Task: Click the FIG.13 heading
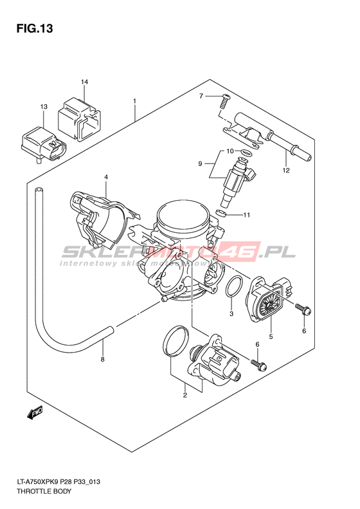pyautogui.click(x=35, y=28)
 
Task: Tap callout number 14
pyautogui.click(x=84, y=82)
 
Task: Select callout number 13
pyautogui.click(x=44, y=106)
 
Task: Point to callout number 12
pyautogui.click(x=285, y=170)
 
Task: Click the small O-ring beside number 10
pyautogui.click(x=247, y=153)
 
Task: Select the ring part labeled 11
pyautogui.click(x=221, y=213)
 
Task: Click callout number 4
pyautogui.click(x=105, y=177)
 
